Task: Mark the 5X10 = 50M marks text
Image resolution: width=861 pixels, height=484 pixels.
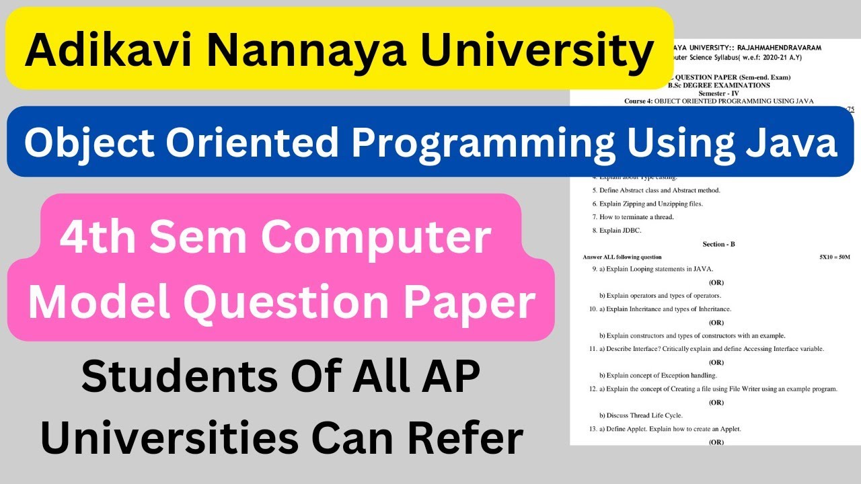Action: click(x=834, y=257)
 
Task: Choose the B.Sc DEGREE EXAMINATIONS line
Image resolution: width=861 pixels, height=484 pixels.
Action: click(x=718, y=85)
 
